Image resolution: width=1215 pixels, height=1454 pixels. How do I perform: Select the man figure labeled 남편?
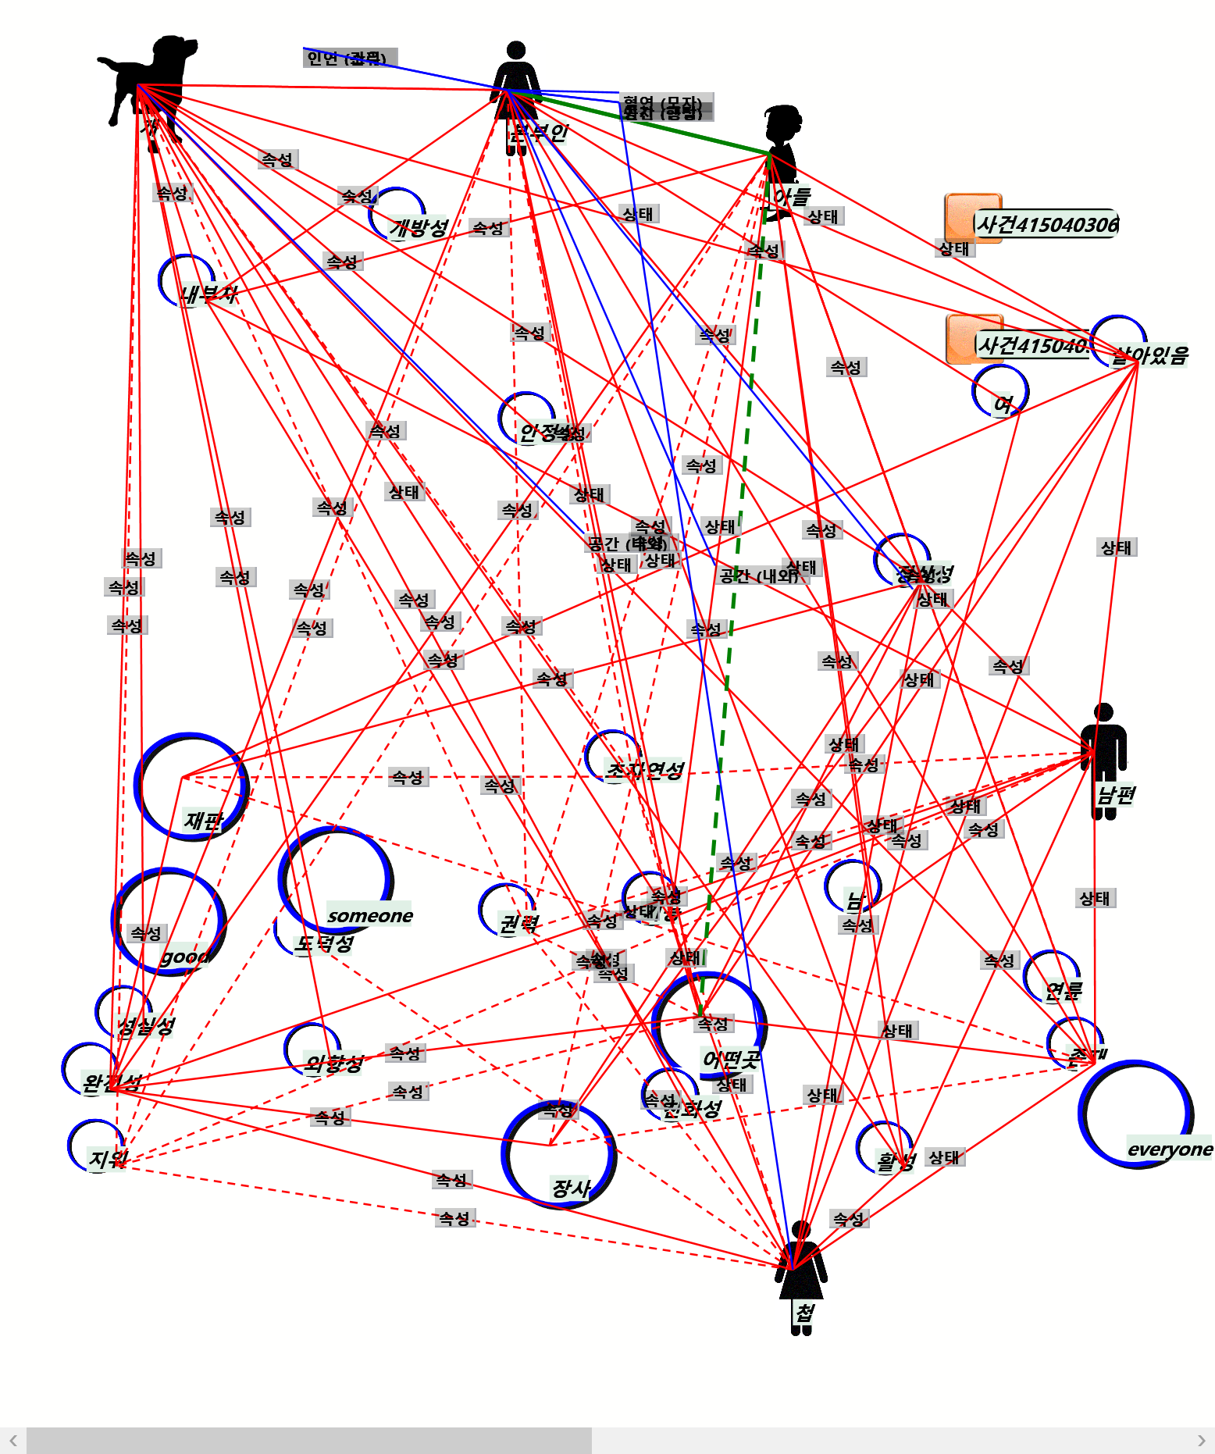pos(1103,757)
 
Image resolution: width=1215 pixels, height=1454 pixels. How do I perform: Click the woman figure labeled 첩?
pos(800,1273)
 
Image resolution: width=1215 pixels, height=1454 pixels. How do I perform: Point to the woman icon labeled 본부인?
pos(515,94)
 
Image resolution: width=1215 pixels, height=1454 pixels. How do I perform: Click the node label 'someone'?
pos(370,915)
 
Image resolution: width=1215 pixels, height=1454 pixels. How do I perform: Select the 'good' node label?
pos(185,957)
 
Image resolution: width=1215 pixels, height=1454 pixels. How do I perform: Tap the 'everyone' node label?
pos(1170,1149)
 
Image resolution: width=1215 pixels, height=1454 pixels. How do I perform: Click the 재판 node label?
pos(204,820)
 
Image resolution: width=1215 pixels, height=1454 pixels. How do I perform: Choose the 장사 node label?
pos(571,1188)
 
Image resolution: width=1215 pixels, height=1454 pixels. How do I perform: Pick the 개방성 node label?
pos(419,227)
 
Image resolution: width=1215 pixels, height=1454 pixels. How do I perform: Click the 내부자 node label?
pos(208,294)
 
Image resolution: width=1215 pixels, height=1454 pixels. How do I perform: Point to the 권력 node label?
pos(518,924)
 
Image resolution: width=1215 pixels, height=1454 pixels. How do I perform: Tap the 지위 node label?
pos(108,1158)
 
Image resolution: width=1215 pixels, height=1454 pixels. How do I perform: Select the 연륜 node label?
pos(1064,991)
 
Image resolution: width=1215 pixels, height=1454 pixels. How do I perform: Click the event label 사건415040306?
pos(1047,225)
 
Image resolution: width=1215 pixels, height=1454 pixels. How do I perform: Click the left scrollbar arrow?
pos(13,1441)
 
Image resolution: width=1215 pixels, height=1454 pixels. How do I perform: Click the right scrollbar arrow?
pos(1201,1441)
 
